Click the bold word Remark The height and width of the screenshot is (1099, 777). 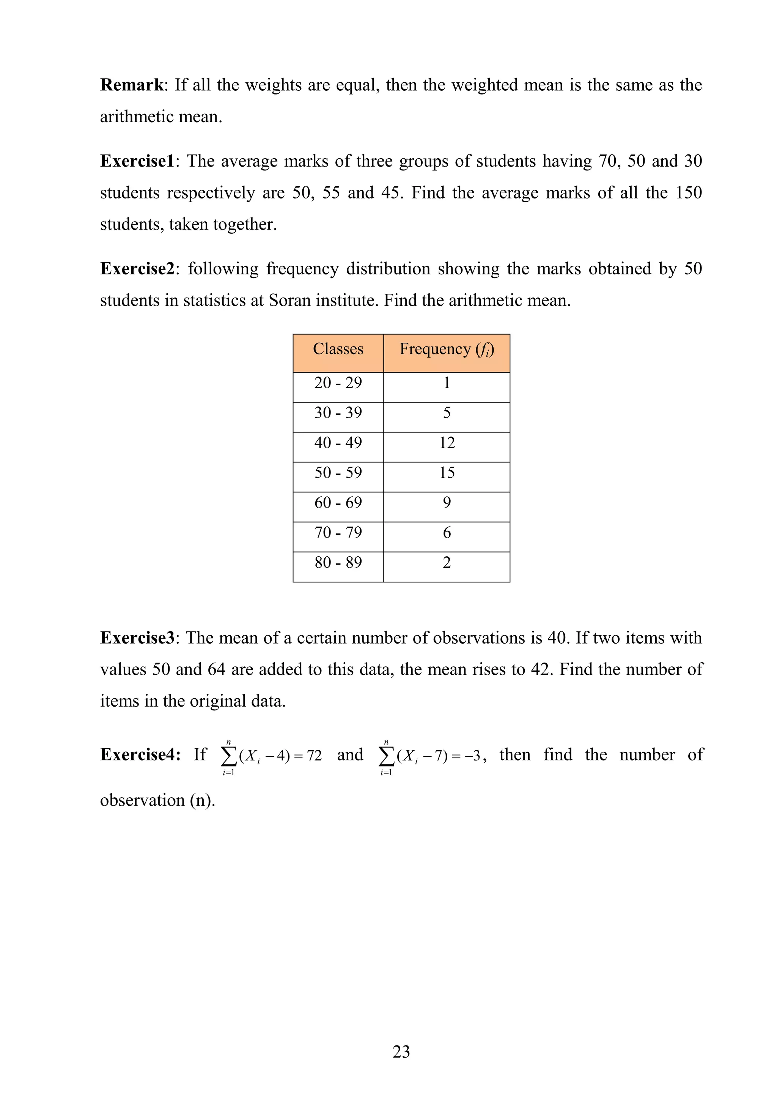(x=132, y=85)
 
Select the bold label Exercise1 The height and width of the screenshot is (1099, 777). (x=137, y=161)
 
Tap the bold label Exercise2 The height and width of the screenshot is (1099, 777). (x=137, y=269)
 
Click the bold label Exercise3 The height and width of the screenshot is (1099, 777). (x=137, y=638)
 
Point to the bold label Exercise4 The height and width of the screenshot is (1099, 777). (x=140, y=755)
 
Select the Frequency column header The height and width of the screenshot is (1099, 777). (x=447, y=350)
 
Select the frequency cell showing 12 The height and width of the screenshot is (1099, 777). (x=447, y=443)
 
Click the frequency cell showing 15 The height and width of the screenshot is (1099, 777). (x=447, y=473)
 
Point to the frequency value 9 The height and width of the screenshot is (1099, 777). (x=447, y=502)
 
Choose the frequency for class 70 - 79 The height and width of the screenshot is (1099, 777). (x=447, y=533)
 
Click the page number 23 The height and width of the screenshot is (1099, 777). (x=401, y=1052)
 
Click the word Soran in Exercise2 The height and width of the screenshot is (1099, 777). (x=287, y=301)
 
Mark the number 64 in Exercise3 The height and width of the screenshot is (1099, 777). (x=216, y=669)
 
